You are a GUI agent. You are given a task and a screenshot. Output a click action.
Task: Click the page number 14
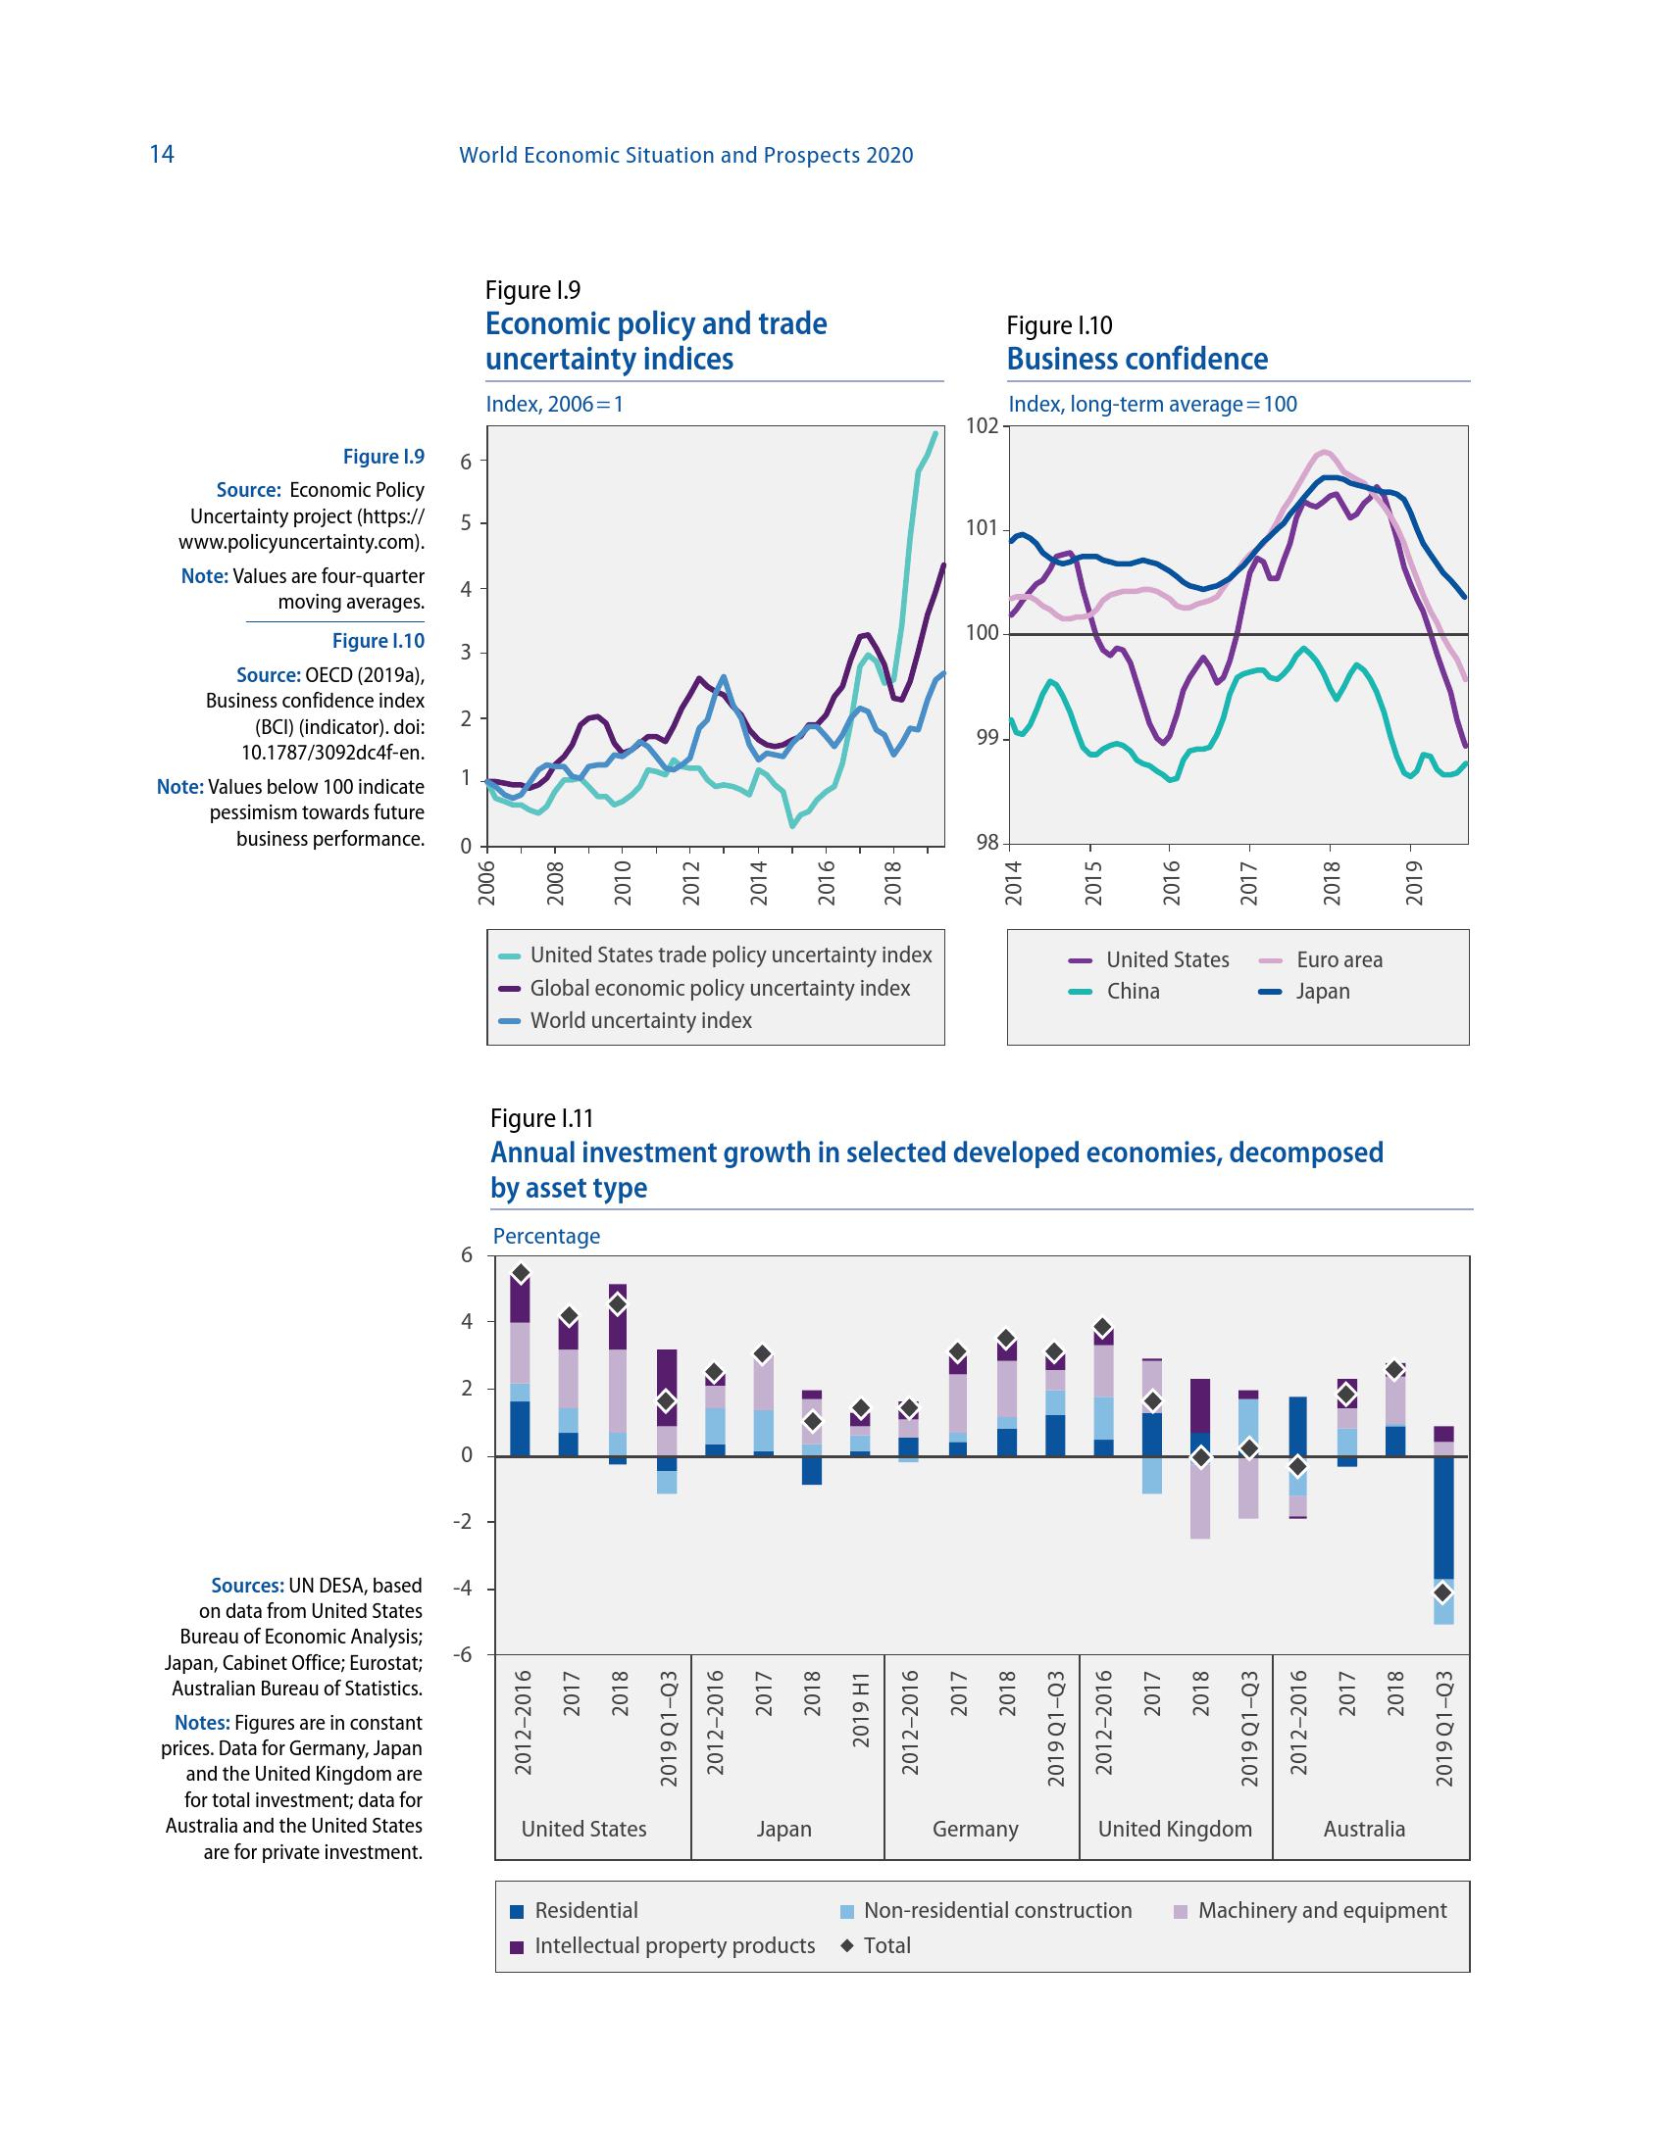[162, 154]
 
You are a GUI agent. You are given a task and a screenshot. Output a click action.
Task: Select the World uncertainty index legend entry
[640, 1021]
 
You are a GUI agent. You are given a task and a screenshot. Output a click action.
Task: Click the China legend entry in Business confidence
[1133, 991]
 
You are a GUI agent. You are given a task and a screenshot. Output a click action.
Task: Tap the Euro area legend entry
[1339, 959]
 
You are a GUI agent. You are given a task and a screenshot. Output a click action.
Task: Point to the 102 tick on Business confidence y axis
[983, 426]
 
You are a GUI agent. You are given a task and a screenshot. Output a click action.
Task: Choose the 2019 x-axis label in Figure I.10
[1413, 882]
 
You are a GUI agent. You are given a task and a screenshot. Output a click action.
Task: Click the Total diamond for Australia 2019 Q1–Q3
[1441, 1592]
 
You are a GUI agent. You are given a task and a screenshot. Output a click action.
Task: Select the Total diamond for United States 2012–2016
[522, 1273]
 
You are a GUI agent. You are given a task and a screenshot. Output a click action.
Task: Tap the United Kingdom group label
[1174, 1829]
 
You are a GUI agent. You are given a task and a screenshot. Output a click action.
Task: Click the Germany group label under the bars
[975, 1829]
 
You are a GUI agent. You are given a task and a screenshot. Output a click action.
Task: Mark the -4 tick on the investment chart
[463, 1589]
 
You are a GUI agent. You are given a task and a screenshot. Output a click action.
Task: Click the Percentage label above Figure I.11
[546, 1236]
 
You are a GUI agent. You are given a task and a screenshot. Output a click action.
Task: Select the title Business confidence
[1137, 360]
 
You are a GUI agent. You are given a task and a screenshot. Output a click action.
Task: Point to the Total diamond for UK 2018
[1200, 1457]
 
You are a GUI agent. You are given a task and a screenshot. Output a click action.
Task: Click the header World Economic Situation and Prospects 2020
[686, 155]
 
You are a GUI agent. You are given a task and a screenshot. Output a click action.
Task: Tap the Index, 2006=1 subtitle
[555, 404]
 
